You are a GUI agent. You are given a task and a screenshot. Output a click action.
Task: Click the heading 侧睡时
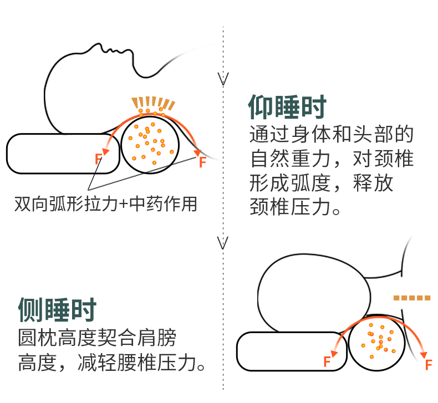57,309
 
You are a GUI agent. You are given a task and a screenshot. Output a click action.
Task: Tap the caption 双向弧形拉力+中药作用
106,204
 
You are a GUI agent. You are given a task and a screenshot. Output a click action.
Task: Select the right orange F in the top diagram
202,162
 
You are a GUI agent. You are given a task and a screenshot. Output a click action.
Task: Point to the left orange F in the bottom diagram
327,362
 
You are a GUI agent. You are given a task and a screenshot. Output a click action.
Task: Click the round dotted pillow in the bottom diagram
379,343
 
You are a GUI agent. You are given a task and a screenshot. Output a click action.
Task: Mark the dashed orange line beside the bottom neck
412,298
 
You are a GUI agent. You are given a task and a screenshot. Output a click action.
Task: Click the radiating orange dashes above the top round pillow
153,103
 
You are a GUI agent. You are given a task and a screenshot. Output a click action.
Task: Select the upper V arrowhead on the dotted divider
223,79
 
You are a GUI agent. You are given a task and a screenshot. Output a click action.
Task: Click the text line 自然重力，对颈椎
332,159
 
